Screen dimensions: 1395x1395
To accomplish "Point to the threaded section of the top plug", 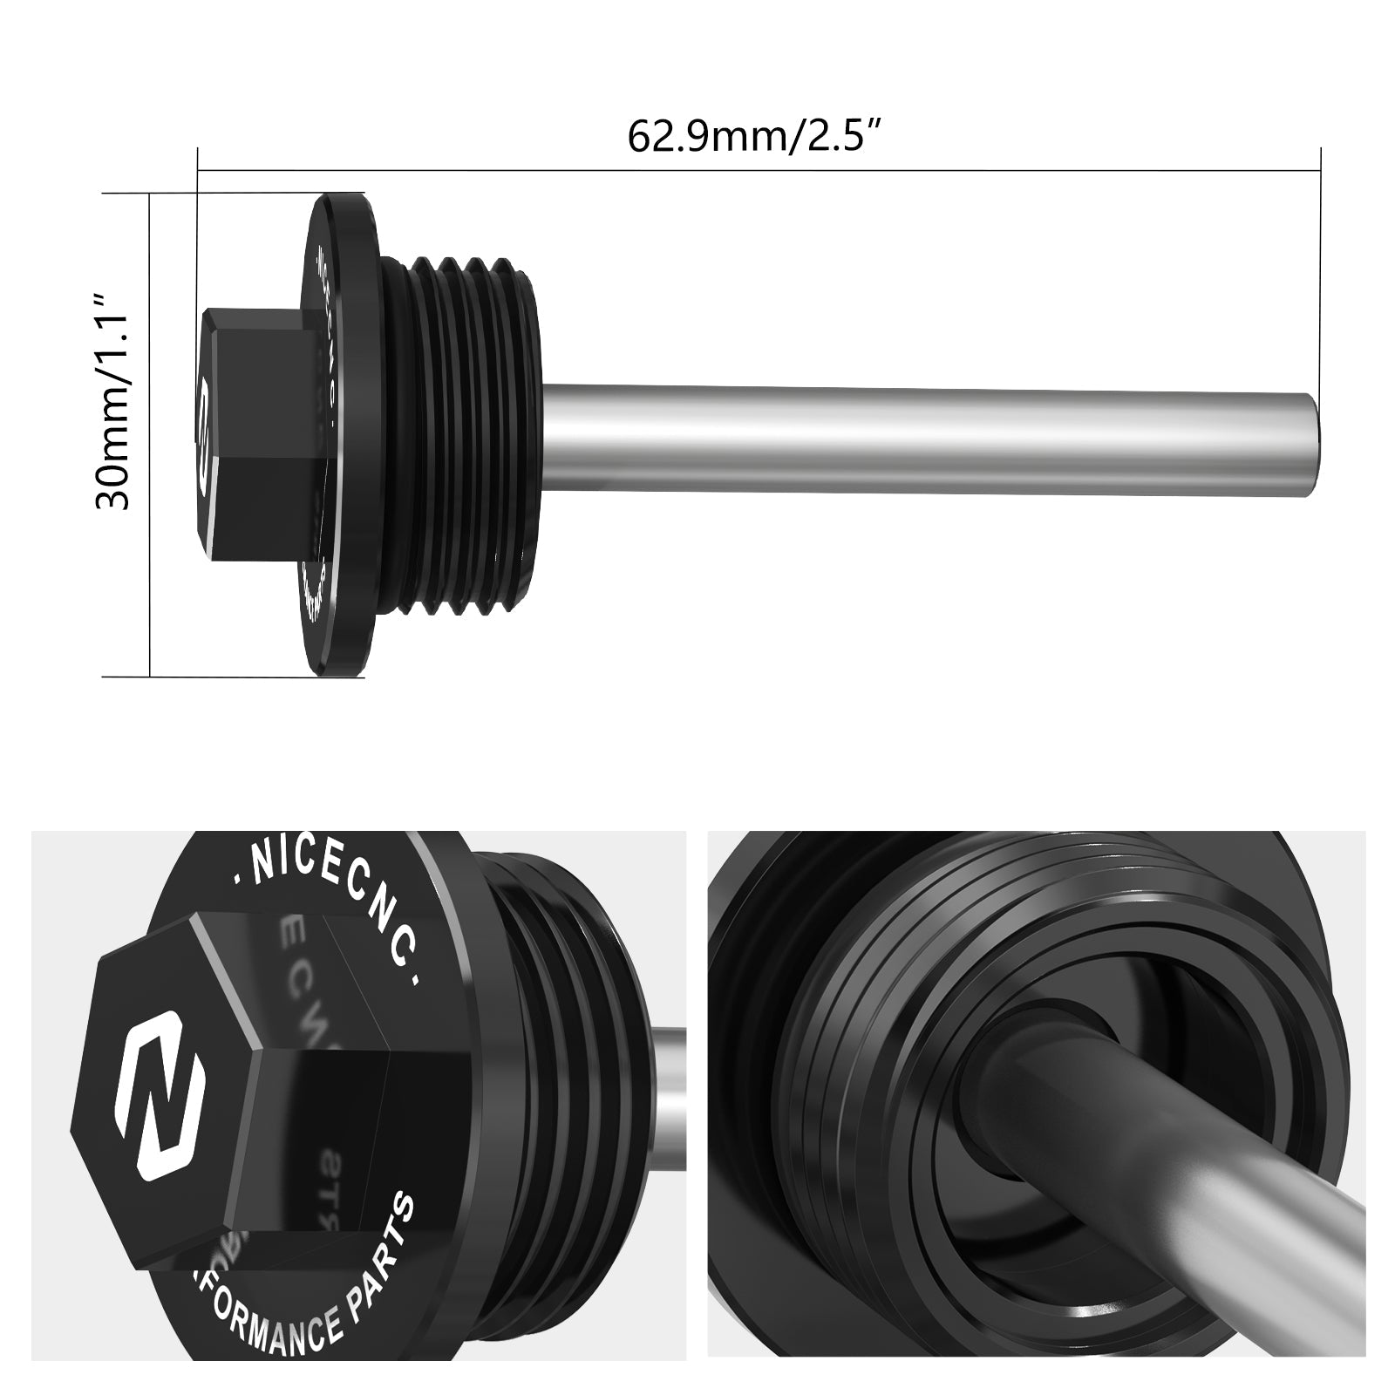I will (462, 436).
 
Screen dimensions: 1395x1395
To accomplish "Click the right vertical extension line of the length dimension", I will (1321, 262).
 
